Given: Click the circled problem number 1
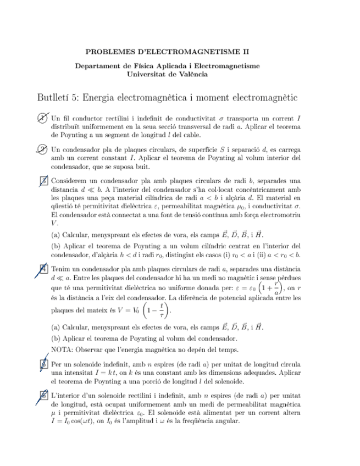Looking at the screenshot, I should [x=43, y=118].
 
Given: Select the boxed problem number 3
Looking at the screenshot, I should [x=43, y=180].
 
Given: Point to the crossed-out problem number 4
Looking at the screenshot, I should [x=43, y=268].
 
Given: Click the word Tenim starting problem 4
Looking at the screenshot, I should [x=61, y=269].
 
